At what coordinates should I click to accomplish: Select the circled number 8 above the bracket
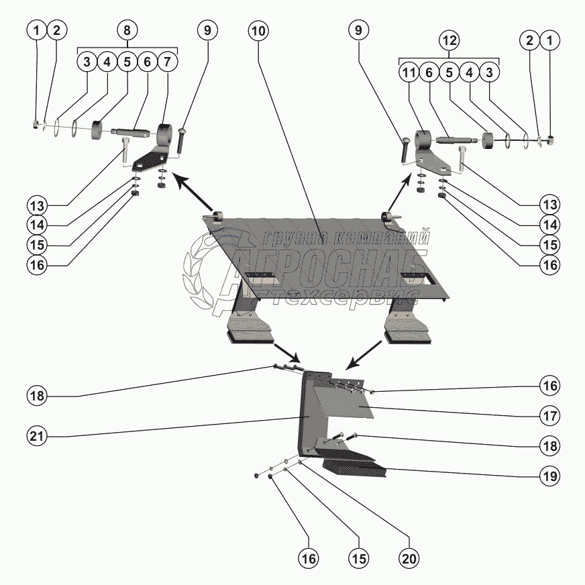[127, 30]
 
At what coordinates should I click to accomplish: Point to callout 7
[167, 62]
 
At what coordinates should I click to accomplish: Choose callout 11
[409, 72]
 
